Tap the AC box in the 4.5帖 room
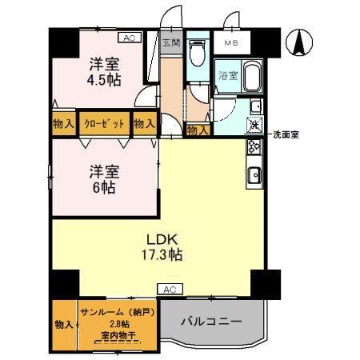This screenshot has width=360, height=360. pyautogui.click(x=128, y=37)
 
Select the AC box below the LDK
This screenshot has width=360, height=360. pyautogui.click(x=169, y=289)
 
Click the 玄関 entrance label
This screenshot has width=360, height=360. pyautogui.click(x=170, y=44)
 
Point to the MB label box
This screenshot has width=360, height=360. pyautogui.click(x=231, y=42)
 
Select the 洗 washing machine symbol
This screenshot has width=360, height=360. pyautogui.click(x=254, y=124)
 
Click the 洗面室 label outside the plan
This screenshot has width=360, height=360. pyautogui.click(x=287, y=134)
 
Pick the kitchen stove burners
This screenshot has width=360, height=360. pyautogui.click(x=255, y=147)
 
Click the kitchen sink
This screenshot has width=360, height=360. pyautogui.click(x=256, y=174)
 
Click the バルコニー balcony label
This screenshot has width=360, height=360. pyautogui.click(x=210, y=322)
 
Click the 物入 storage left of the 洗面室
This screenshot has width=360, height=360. pyautogui.click(x=197, y=129)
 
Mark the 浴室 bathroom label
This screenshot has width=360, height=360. pyautogui.click(x=227, y=76)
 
